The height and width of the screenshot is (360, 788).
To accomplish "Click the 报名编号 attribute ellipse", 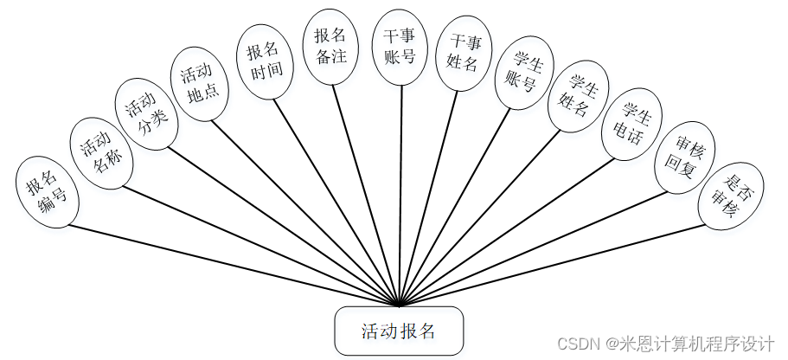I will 48,194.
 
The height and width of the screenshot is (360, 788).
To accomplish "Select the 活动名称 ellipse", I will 102,151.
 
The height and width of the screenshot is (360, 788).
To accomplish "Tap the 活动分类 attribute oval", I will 147,116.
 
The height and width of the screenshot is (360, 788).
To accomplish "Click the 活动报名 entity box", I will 400,331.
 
